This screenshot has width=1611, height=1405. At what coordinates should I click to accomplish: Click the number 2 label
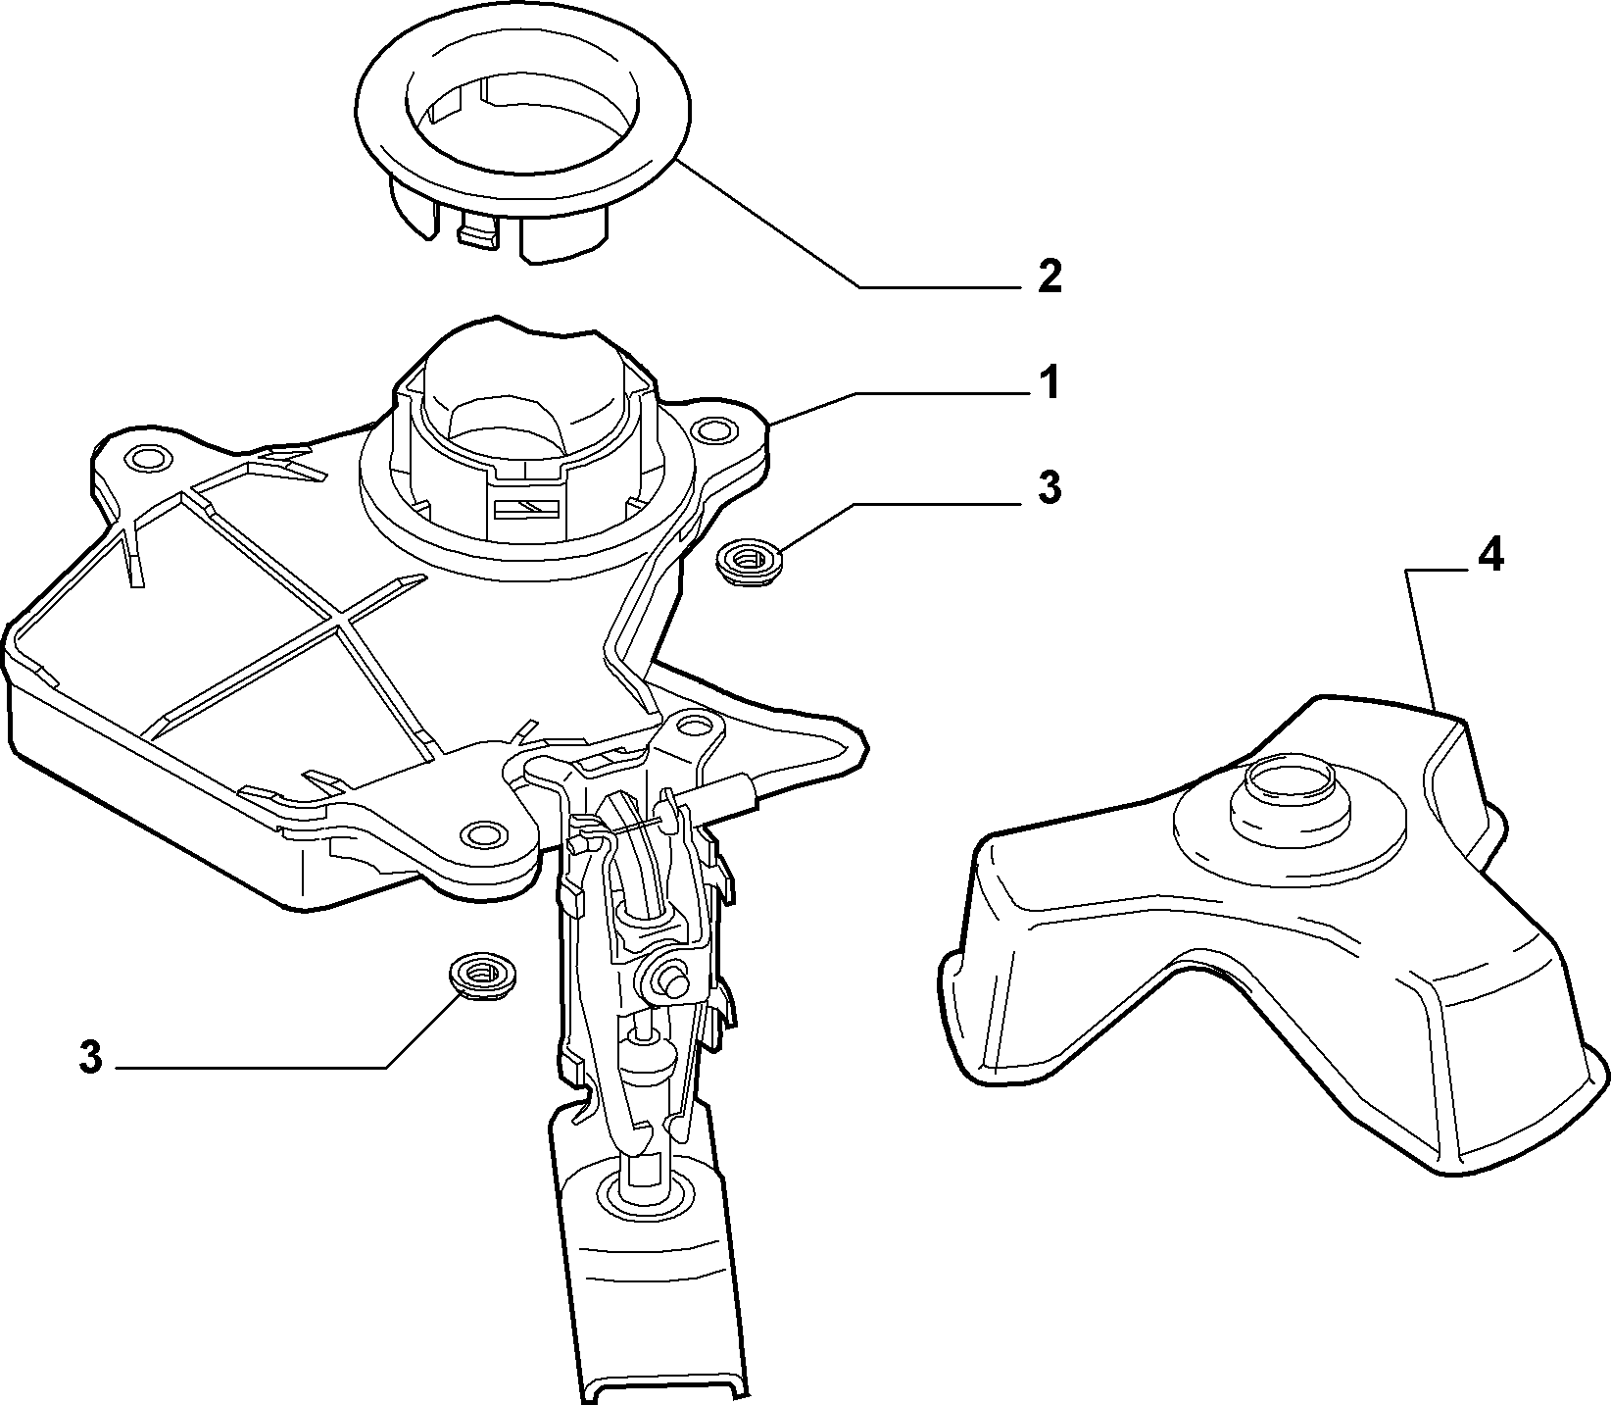pos(1049,277)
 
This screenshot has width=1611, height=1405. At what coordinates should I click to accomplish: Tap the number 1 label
pos(1050,383)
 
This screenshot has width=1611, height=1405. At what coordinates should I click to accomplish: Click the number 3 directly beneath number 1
pos(1050,487)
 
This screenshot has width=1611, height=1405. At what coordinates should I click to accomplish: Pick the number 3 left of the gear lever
pos(90,1058)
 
